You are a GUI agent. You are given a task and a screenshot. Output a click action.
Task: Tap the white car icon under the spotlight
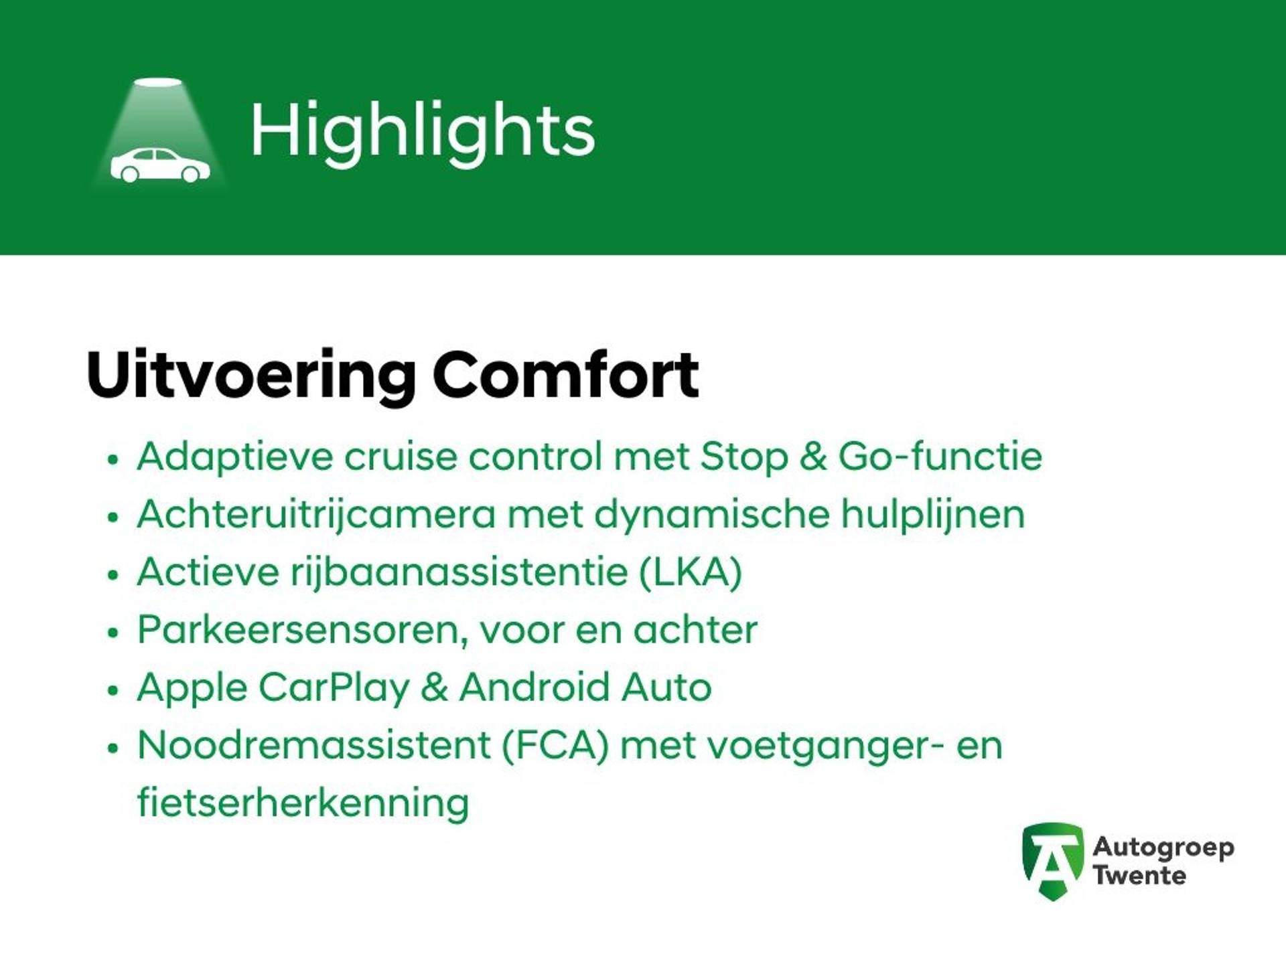(x=160, y=165)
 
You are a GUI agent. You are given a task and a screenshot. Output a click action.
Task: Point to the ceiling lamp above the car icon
(x=158, y=82)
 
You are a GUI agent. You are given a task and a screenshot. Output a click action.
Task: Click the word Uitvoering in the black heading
(x=251, y=376)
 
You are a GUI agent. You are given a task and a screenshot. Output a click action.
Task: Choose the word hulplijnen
(x=933, y=515)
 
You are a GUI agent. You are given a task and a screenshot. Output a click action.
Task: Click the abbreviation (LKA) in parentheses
(x=691, y=573)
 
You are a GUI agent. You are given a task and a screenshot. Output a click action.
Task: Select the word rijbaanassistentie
(x=459, y=574)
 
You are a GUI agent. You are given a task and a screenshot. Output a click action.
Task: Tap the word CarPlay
(x=333, y=689)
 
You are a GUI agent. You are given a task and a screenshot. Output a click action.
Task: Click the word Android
(x=535, y=688)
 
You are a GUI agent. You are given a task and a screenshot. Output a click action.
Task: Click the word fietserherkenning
(x=303, y=803)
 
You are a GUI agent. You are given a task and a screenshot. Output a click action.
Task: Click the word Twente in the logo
(x=1139, y=876)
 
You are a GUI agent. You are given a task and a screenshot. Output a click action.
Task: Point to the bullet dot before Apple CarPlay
(x=113, y=690)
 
